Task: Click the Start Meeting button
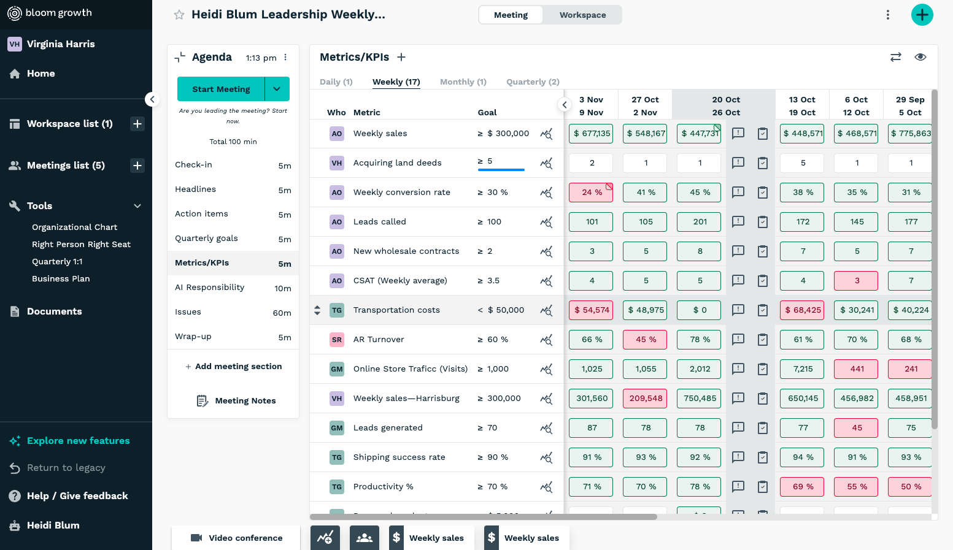[x=221, y=89]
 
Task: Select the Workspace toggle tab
[x=582, y=15]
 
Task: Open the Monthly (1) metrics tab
[x=463, y=82]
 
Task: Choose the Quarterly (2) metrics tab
[x=533, y=82]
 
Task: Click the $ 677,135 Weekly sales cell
[x=591, y=134]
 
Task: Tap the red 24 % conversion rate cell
[x=591, y=193]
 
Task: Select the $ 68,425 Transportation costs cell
[x=802, y=310]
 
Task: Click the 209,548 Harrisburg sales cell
[x=645, y=399]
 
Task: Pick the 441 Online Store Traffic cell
[x=856, y=369]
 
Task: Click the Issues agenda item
[x=188, y=312]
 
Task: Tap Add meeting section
[x=233, y=367]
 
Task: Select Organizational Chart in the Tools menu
[x=74, y=227]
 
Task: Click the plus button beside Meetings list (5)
[x=137, y=166]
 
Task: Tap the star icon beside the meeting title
[x=179, y=15]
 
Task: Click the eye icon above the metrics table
[x=920, y=57]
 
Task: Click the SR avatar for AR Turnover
[x=337, y=340]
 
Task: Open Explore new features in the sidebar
[x=78, y=441]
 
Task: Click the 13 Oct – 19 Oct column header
[x=802, y=106]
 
